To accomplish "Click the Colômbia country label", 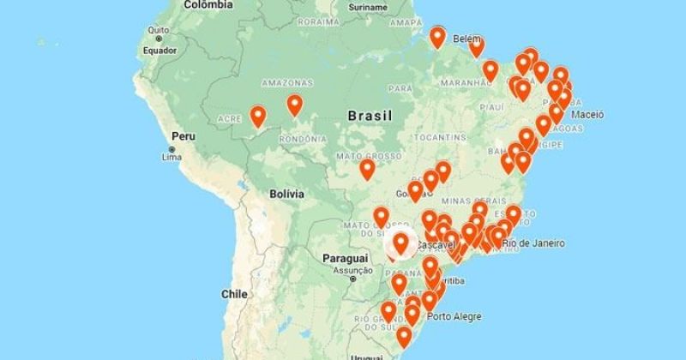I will click(208, 5).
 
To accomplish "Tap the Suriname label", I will click(344, 7).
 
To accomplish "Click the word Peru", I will click(184, 136).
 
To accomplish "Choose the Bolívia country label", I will click(286, 195).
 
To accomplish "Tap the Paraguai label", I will click(345, 258).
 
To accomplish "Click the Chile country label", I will click(233, 293).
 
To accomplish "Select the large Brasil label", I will click(370, 116).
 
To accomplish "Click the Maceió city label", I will click(587, 114).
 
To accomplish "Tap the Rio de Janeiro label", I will click(533, 243).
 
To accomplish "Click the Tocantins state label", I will click(443, 137).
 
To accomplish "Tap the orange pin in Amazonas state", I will click(294, 105).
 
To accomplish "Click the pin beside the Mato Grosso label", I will click(367, 169).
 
